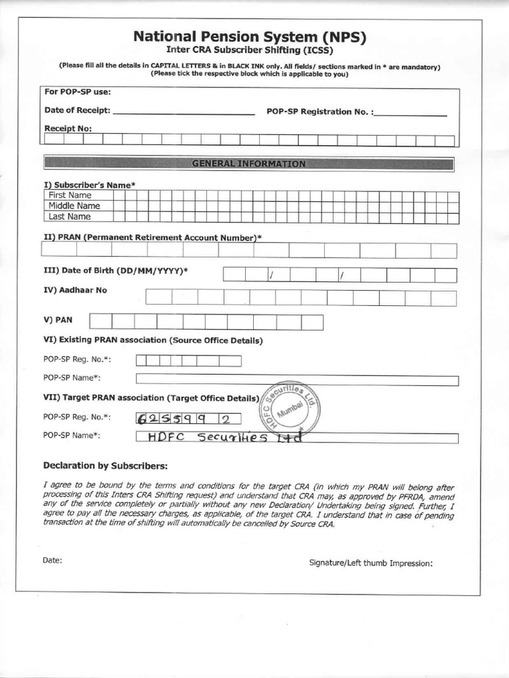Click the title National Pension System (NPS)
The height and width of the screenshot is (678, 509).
pyautogui.click(x=249, y=36)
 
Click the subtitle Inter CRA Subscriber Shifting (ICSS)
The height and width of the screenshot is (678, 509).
pyautogui.click(x=249, y=50)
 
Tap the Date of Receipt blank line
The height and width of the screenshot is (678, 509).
pyautogui.click(x=184, y=113)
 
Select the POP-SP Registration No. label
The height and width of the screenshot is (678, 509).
pyautogui.click(x=319, y=112)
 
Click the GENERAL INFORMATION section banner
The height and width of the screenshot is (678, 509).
pyautogui.click(x=249, y=164)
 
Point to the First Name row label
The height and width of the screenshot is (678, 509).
pyautogui.click(x=70, y=195)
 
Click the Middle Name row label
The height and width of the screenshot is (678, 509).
pyautogui.click(x=74, y=206)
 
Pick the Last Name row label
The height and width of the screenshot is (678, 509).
pyautogui.click(x=70, y=217)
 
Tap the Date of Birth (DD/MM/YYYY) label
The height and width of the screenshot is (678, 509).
pyautogui.click(x=116, y=271)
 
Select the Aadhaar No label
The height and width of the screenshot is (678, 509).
pyautogui.click(x=75, y=290)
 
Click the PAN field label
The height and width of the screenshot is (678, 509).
pyautogui.click(x=58, y=320)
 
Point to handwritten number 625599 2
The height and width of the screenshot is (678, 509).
pyautogui.click(x=188, y=418)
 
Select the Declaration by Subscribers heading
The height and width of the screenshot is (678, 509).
pyautogui.click(x=105, y=465)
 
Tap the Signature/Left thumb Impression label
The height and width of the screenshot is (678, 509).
pyautogui.click(x=370, y=563)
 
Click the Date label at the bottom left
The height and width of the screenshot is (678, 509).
pyautogui.click(x=52, y=560)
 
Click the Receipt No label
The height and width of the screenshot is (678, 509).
pyautogui.click(x=68, y=128)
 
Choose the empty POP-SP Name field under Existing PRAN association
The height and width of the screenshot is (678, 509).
pyautogui.click(x=297, y=380)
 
